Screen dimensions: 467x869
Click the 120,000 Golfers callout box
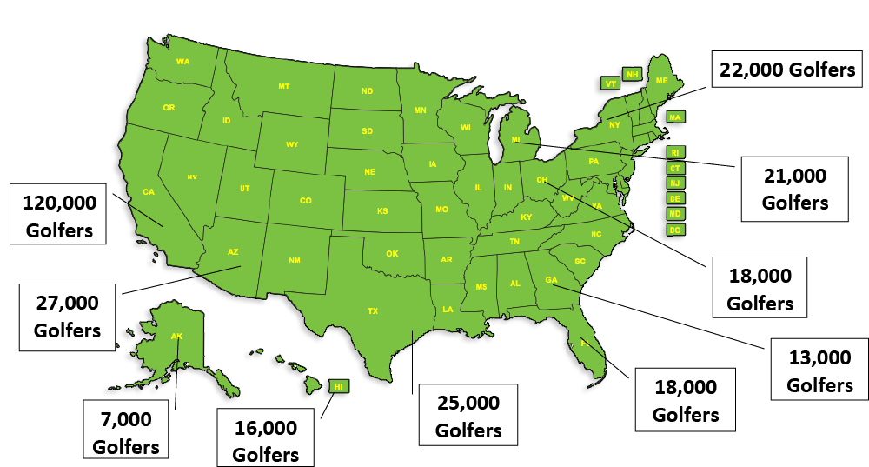(x=59, y=216)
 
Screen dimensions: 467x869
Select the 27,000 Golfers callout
(x=67, y=317)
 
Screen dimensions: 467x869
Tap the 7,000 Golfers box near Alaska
(x=126, y=432)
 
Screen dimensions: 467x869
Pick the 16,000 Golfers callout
(x=266, y=441)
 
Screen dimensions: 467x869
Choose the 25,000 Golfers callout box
(x=468, y=416)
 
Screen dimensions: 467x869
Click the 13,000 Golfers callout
(x=819, y=370)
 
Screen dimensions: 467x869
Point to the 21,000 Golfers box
(x=794, y=189)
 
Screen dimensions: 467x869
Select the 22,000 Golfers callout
(x=787, y=70)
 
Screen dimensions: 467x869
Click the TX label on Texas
(x=373, y=310)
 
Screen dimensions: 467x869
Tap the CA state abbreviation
(x=149, y=191)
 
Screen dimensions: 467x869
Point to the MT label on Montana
(x=284, y=86)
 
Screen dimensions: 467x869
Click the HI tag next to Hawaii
(x=339, y=385)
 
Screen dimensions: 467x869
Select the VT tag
(x=611, y=83)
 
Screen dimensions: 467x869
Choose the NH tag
(x=633, y=75)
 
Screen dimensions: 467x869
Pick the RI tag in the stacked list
(x=674, y=152)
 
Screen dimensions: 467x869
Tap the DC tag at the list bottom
(x=674, y=230)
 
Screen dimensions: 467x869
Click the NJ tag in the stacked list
(x=674, y=183)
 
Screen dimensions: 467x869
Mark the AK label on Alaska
(x=176, y=336)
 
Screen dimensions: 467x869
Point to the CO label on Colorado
(x=306, y=200)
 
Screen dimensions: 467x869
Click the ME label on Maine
(x=661, y=80)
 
